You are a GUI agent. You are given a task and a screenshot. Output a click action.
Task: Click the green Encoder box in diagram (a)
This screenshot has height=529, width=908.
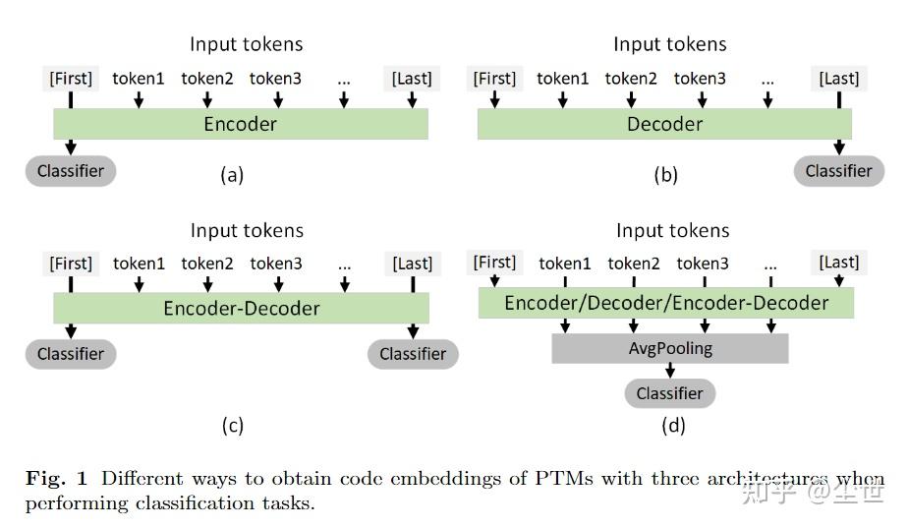click(x=241, y=124)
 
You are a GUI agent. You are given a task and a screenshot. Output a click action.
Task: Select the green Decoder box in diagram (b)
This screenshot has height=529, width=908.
click(x=664, y=124)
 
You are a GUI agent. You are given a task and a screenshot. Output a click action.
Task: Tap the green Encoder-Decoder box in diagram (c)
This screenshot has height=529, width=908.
click(x=241, y=308)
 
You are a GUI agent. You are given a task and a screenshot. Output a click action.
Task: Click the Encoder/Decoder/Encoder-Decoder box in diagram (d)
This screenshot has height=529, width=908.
click(x=666, y=303)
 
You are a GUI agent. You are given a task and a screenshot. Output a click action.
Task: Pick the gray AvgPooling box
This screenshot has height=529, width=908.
click(x=669, y=348)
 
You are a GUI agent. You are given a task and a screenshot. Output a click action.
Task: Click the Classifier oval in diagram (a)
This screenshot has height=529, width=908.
click(x=71, y=171)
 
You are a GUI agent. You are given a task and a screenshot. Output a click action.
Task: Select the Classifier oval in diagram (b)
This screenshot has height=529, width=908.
click(x=838, y=171)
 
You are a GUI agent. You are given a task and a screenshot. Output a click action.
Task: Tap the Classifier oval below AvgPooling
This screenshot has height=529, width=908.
click(x=669, y=393)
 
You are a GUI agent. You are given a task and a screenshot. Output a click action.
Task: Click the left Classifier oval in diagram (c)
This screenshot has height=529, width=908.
click(x=71, y=354)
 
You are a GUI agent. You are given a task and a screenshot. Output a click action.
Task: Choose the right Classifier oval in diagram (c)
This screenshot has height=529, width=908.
click(x=413, y=354)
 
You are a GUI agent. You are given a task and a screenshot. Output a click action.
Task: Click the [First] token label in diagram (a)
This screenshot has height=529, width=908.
click(x=71, y=79)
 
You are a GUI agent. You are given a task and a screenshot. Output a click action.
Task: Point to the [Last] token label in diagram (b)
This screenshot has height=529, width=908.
click(x=838, y=79)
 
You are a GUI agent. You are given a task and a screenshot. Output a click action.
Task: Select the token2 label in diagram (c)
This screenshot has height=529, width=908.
click(x=207, y=263)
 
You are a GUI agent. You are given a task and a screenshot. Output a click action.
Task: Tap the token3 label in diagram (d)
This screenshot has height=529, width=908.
click(x=703, y=263)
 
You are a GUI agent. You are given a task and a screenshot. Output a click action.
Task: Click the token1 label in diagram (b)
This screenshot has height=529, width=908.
click(x=562, y=79)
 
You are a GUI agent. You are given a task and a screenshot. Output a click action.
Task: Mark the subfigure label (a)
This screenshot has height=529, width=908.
click(x=232, y=176)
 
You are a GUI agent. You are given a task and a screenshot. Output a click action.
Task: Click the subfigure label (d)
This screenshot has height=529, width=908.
click(x=673, y=425)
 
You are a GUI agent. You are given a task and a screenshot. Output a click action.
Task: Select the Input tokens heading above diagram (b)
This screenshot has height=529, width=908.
click(x=669, y=44)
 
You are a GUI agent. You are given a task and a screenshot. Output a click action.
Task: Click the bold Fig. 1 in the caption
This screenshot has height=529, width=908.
click(x=56, y=479)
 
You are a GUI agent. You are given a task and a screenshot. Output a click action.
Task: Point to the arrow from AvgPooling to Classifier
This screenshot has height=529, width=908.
click(x=670, y=371)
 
